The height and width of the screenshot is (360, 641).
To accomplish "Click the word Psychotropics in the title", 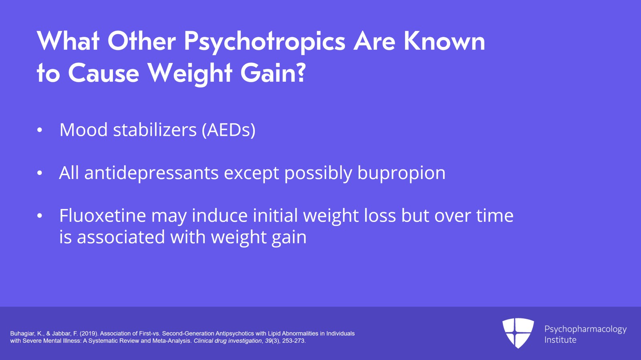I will click(x=264, y=42).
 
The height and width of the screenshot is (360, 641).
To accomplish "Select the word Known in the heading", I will click(x=444, y=41).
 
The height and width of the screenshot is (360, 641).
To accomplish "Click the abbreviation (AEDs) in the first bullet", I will click(x=228, y=130).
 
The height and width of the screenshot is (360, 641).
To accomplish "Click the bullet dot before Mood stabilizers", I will click(x=39, y=130).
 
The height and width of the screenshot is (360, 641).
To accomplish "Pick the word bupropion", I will click(x=401, y=173).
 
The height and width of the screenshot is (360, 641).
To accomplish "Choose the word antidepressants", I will click(x=151, y=173).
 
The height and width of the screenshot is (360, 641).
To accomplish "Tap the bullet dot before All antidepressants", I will click(x=39, y=173).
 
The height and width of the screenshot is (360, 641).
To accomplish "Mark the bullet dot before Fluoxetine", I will click(x=39, y=216).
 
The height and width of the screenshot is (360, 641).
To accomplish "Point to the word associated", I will click(x=121, y=237).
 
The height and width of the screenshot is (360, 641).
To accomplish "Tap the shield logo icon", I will click(x=518, y=333).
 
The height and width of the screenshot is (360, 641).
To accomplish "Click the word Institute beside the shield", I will click(x=560, y=340).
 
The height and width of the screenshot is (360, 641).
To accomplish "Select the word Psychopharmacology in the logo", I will click(x=585, y=329).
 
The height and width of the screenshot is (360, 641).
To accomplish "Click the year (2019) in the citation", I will click(x=89, y=334).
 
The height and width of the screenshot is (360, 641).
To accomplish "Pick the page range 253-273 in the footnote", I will click(x=293, y=341).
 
